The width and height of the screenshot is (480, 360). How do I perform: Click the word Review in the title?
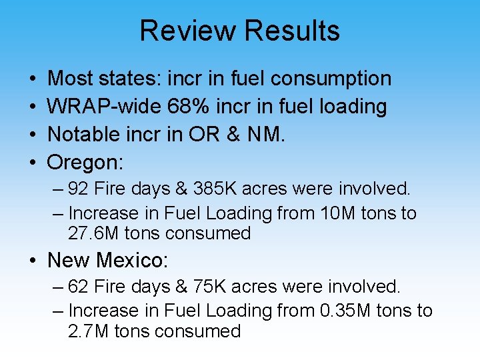coord(188,31)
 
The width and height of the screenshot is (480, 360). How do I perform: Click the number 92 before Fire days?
coord(79,189)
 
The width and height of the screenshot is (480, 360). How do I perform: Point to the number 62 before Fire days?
coord(79,287)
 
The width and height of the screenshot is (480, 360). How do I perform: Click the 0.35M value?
coord(348,311)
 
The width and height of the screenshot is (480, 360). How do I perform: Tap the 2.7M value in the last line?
coord(85,331)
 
